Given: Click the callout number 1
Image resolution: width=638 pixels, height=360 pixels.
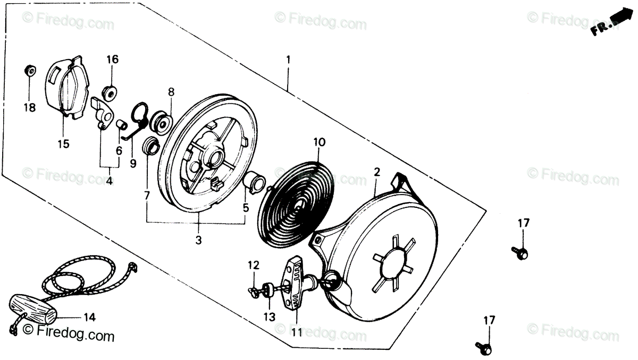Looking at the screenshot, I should point(288,60).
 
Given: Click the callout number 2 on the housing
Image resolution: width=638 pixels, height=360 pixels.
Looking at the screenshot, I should point(377,172).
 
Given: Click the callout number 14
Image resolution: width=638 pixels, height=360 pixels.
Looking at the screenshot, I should point(89,318).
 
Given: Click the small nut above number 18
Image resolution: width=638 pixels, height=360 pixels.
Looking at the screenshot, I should point(30,70).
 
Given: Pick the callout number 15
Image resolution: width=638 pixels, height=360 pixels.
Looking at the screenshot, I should point(63,144).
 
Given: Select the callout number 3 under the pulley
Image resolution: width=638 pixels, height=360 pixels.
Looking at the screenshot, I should point(198,240).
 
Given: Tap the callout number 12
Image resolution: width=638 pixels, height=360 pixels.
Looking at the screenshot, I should point(254,265).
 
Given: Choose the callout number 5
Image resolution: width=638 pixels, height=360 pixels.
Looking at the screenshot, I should point(246,208).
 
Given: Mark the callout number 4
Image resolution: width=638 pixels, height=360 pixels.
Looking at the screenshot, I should point(108,181).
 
